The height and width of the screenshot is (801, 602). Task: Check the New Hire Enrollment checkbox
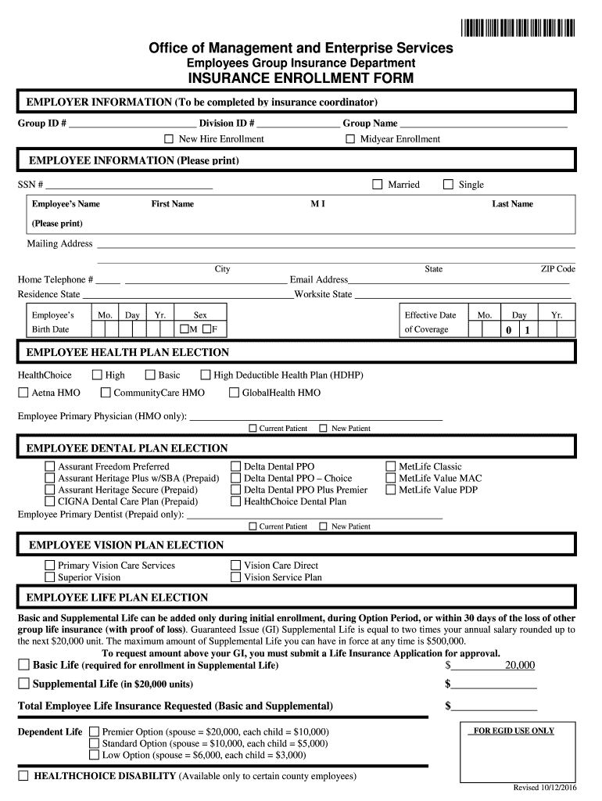coord(168,139)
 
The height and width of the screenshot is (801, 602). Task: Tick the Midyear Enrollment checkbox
coord(351,139)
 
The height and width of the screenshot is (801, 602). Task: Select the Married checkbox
coord(377,185)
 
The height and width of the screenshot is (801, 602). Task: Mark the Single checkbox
coord(448,185)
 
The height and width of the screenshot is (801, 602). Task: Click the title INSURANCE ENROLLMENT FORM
coord(300,78)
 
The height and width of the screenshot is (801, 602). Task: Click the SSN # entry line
coord(129,185)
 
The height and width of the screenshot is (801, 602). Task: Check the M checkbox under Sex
coord(185,329)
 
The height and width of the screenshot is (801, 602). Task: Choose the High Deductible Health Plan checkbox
coord(206,375)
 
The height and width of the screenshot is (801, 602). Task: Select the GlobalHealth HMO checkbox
coord(234,393)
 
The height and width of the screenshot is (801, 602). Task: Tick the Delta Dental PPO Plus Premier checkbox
coord(235,490)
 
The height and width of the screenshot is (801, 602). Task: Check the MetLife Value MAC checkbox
coord(391,479)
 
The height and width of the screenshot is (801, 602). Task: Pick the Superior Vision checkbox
coord(50,578)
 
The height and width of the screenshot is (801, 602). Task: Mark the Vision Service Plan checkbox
coord(235,578)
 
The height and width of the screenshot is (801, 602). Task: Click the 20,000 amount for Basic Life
coord(519,666)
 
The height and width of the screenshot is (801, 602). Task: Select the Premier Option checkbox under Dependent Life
coord(94,732)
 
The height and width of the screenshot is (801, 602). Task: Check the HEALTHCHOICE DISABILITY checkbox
coord(23,776)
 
